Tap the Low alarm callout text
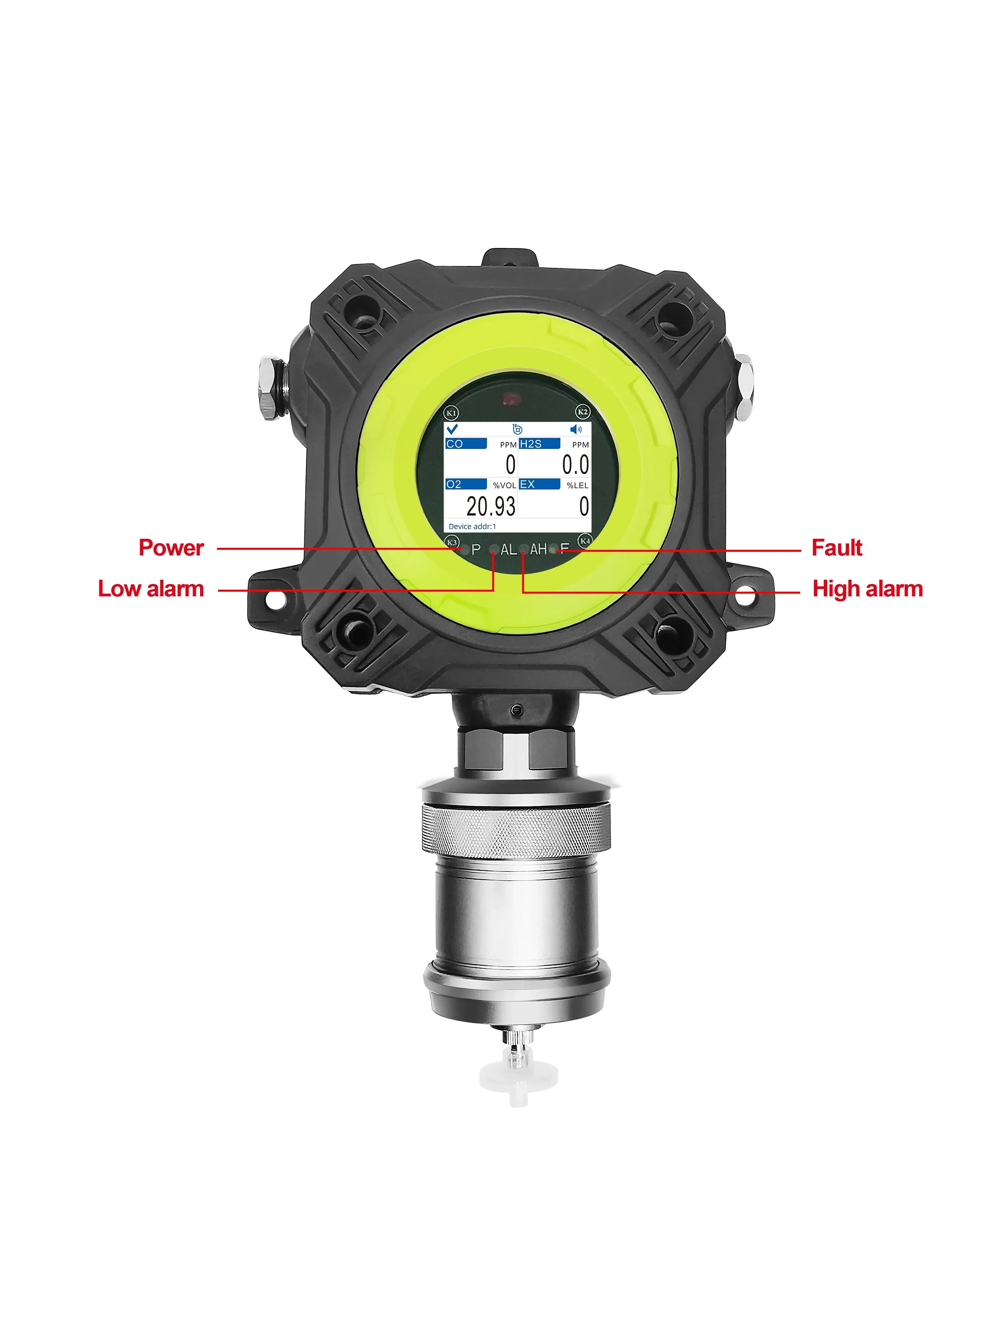click(151, 589)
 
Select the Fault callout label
click(836, 547)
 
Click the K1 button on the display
click(451, 413)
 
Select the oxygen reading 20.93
click(491, 506)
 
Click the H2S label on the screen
click(531, 444)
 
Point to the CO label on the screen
click(454, 444)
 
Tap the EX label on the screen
click(527, 484)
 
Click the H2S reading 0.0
click(575, 464)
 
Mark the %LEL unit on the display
click(577, 485)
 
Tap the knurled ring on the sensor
click(516, 829)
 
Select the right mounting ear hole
click(745, 595)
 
